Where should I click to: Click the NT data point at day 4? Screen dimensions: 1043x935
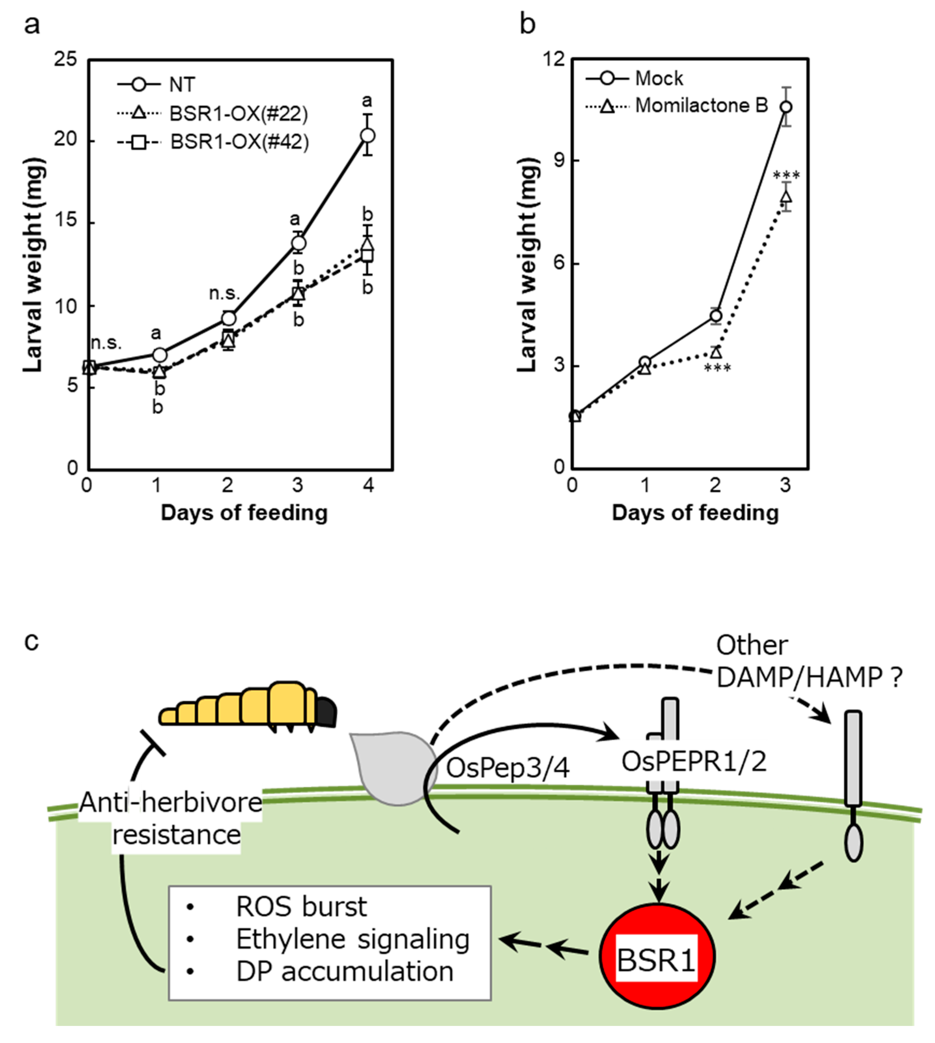click(x=367, y=136)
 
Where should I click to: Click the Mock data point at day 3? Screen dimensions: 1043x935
click(x=785, y=107)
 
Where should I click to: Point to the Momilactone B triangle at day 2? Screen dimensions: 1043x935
click(x=716, y=352)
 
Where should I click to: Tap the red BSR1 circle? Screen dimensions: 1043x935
click(x=657, y=958)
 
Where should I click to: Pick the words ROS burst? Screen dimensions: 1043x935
click(x=301, y=906)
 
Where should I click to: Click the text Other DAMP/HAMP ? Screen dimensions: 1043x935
click(x=809, y=662)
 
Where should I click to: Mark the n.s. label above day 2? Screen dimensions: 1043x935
click(x=225, y=293)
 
